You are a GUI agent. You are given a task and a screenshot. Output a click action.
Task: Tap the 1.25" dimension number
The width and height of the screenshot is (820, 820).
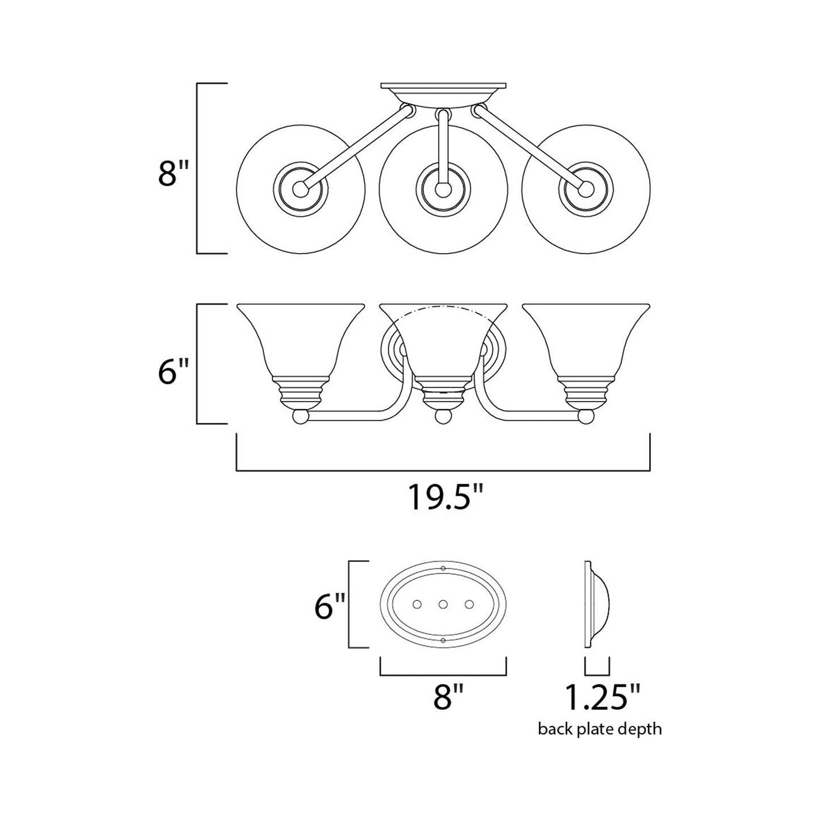602,697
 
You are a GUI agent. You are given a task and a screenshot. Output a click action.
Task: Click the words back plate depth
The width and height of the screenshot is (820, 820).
600,728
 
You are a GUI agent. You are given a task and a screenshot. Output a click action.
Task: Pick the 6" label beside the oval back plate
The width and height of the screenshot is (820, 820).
330,608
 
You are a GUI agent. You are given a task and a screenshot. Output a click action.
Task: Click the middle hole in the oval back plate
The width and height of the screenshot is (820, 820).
443,604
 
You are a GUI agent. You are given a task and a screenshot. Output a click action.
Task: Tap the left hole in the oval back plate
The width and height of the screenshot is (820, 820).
417,604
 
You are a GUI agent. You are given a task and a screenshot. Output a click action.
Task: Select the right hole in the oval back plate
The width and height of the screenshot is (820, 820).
469,604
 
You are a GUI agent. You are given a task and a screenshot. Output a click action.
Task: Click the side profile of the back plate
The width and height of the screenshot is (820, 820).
596,604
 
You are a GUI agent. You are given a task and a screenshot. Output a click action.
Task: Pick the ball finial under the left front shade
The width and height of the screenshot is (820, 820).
300,418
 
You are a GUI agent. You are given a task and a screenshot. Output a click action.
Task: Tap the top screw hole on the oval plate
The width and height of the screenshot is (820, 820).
443,569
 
